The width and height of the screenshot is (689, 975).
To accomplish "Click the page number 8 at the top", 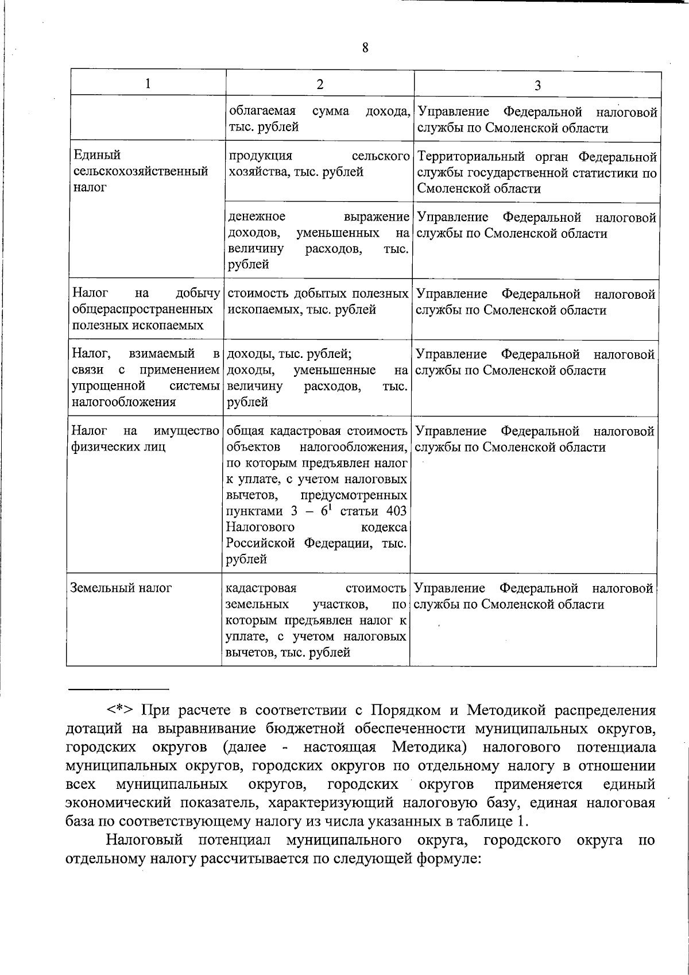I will (x=365, y=48).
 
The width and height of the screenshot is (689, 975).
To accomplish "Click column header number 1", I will (x=148, y=84).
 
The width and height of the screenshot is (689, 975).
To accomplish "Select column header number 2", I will (x=320, y=84).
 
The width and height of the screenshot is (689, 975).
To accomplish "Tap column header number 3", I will (x=537, y=86).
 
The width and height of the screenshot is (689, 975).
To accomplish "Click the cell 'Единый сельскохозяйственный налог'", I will (x=141, y=171).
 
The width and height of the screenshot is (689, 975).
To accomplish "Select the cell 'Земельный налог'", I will (x=121, y=588).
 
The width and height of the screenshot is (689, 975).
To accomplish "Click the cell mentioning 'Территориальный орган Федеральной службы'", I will (x=536, y=172).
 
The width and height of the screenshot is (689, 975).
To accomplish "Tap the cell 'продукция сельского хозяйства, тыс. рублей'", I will (x=319, y=164).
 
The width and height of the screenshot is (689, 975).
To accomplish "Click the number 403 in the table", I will (x=396, y=511).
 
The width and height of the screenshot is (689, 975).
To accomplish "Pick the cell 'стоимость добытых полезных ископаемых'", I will (x=318, y=302).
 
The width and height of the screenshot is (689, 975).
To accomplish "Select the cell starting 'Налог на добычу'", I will (x=146, y=310).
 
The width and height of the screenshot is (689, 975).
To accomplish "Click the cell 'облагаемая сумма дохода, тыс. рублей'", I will (x=319, y=119).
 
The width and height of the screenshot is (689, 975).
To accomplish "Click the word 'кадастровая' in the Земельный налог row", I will (x=261, y=588).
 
